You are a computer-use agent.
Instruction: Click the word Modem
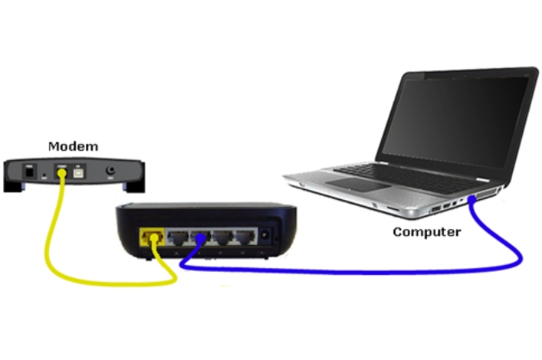point(73,146)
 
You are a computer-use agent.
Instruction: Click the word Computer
point(427,232)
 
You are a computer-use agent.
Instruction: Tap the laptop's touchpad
point(358,184)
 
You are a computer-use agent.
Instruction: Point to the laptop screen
point(455,122)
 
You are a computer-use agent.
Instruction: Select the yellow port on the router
point(152,237)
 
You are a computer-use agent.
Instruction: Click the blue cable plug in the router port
point(200,237)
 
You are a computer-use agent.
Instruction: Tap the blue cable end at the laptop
point(471,199)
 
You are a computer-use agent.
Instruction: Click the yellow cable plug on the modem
point(62,173)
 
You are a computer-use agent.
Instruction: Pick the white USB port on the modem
point(78,172)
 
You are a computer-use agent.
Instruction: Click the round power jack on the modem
point(111,170)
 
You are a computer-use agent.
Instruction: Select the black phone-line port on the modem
point(29,172)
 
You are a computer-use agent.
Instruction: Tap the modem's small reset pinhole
point(44,175)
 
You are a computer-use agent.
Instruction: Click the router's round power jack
point(265,235)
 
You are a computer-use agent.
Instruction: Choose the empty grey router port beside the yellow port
point(178,237)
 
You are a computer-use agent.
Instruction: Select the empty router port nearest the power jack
point(245,237)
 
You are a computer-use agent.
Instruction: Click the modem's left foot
point(14,187)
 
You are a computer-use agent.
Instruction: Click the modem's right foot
point(134,187)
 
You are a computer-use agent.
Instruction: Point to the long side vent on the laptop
point(488,193)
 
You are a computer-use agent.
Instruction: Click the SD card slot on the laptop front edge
point(393,208)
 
